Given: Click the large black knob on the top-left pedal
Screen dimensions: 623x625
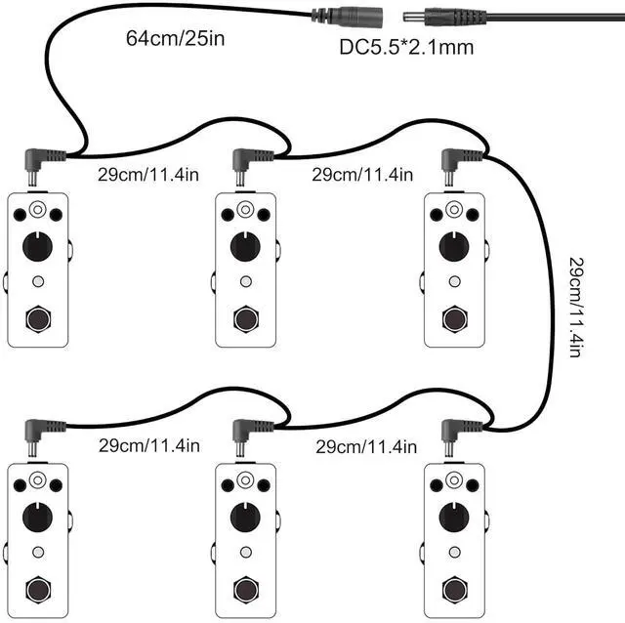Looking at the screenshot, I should tap(37, 248).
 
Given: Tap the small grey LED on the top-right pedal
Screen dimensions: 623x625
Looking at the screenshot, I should tap(452, 281).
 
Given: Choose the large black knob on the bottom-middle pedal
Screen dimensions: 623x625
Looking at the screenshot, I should tap(245, 518).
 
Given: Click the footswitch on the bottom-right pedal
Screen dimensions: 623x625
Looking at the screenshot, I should tap(453, 588).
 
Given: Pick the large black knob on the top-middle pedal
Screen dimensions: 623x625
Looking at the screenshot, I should tap(245, 248).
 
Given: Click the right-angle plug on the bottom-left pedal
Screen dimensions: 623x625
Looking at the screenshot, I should tap(39, 433).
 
